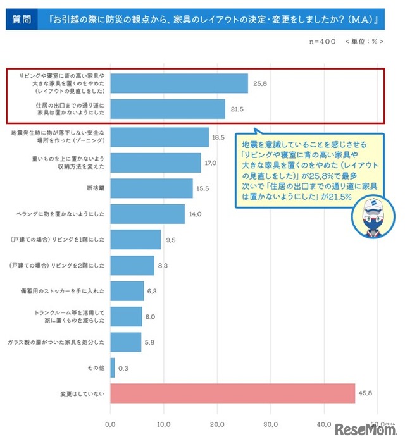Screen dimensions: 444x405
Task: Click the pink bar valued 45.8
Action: [x=233, y=393]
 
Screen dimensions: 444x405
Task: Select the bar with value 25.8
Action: [x=179, y=83]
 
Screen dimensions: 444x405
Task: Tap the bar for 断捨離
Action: [x=152, y=188]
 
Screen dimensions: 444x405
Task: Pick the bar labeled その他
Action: [x=113, y=367]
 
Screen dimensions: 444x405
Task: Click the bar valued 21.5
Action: [x=168, y=109]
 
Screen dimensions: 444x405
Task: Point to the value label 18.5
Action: [x=218, y=137]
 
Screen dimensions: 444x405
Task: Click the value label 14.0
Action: [x=194, y=214]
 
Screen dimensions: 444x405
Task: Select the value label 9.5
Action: [x=170, y=240]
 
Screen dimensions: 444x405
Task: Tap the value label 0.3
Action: [x=124, y=367]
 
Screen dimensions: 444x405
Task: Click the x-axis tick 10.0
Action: [x=164, y=424]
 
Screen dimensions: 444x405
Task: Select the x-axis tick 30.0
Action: [x=271, y=424]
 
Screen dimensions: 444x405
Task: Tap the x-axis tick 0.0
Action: [x=111, y=424]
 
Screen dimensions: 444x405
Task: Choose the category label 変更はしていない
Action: [x=79, y=393]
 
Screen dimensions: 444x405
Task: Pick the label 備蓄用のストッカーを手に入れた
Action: [x=72, y=291]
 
